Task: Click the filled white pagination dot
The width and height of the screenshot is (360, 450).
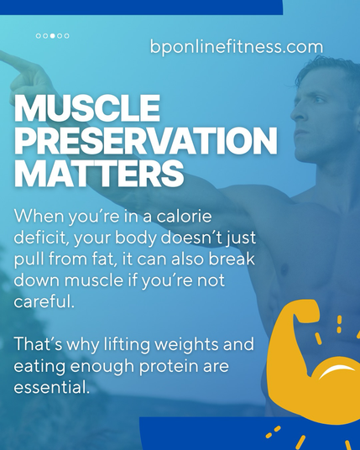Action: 53,36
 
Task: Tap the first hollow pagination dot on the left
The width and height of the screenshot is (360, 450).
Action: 39,36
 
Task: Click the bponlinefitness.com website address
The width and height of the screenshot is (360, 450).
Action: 237,46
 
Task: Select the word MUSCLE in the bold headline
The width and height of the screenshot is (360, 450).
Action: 87,108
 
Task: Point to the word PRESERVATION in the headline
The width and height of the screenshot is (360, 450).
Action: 146,141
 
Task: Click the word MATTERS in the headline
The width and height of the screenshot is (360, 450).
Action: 99,173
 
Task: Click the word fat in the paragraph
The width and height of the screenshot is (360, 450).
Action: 104,259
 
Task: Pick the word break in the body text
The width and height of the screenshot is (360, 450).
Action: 232,259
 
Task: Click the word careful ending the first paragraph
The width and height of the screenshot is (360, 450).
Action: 44,301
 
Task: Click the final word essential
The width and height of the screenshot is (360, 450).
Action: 52,387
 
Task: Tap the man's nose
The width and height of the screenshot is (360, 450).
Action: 296,112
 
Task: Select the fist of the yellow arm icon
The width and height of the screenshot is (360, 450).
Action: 306,311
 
